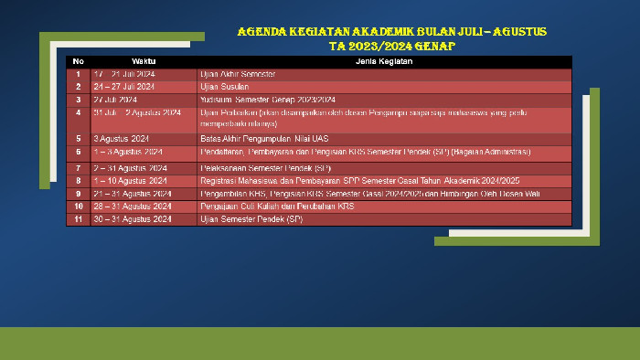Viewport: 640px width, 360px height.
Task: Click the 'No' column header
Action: pyautogui.click(x=79, y=62)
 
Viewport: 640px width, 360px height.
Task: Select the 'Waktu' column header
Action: pyautogui.click(x=144, y=62)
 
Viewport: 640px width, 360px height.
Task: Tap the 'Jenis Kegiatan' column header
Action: pyautogui.click(x=383, y=62)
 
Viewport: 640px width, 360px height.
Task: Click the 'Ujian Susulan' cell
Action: pyautogui.click(x=224, y=87)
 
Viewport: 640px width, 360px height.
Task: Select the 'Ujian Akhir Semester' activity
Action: pyautogui.click(x=238, y=74)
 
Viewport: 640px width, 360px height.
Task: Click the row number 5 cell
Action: pyautogui.click(x=79, y=139)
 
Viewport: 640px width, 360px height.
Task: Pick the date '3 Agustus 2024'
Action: pyautogui.click(x=122, y=139)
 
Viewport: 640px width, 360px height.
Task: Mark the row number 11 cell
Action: pyautogui.click(x=79, y=219)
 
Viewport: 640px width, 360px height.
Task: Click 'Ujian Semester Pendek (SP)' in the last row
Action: pyautogui.click(x=251, y=219)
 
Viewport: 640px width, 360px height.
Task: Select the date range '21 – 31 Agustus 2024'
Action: pyautogui.click(x=133, y=194)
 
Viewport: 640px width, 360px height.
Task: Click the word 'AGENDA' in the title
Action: pyautogui.click(x=261, y=32)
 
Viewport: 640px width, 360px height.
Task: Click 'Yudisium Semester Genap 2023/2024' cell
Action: pyautogui.click(x=268, y=100)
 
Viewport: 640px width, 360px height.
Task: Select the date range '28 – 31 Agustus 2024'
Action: pyautogui.click(x=133, y=206)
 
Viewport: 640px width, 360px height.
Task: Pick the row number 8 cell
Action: pyautogui.click(x=79, y=181)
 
